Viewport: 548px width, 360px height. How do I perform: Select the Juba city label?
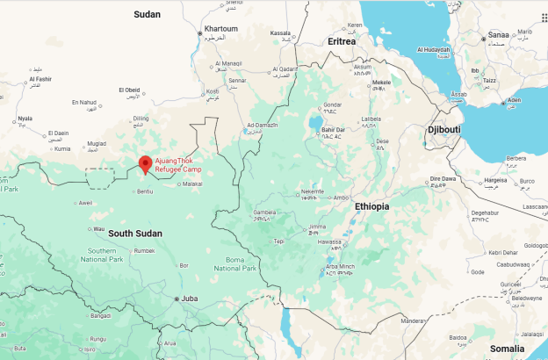click(x=190, y=299)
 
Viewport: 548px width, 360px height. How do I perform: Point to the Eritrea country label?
click(x=341, y=41)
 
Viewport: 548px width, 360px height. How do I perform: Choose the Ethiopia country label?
click(x=371, y=206)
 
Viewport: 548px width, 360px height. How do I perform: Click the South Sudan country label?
click(x=135, y=233)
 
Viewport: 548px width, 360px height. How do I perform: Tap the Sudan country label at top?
click(x=147, y=14)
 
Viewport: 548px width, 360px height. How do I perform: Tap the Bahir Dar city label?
click(x=335, y=130)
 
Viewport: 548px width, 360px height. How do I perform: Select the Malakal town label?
click(x=193, y=184)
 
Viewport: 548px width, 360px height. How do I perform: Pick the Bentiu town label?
click(x=145, y=191)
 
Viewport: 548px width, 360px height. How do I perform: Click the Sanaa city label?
click(x=499, y=35)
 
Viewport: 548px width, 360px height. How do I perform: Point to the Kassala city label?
click(x=280, y=33)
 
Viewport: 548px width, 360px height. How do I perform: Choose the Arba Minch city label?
click(x=341, y=266)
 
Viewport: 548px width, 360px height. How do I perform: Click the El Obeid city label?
click(x=129, y=90)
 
